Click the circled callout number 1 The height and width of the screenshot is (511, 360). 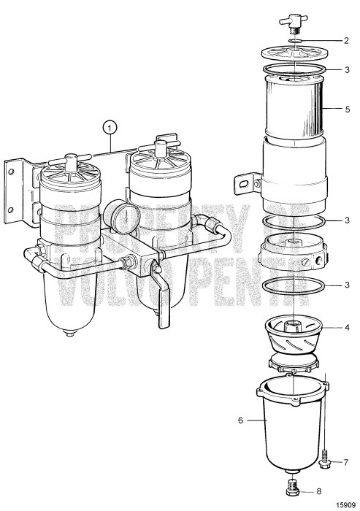(110, 128)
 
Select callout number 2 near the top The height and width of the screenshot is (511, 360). (346, 42)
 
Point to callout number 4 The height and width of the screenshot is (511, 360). (346, 328)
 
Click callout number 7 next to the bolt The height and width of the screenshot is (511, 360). (346, 462)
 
